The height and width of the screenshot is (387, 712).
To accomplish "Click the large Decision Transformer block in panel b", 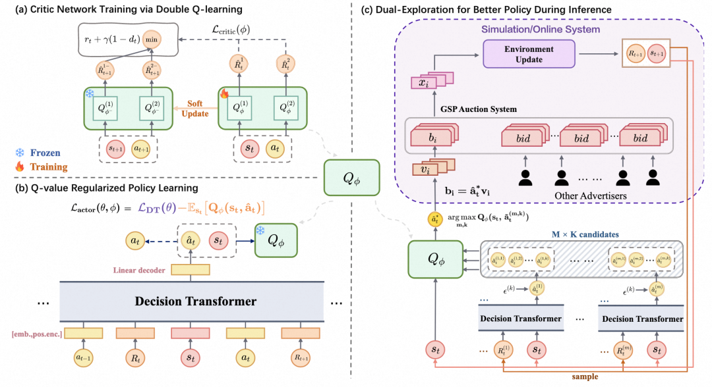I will pos(195,301).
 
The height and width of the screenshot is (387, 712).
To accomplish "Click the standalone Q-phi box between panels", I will pos(345,176).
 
